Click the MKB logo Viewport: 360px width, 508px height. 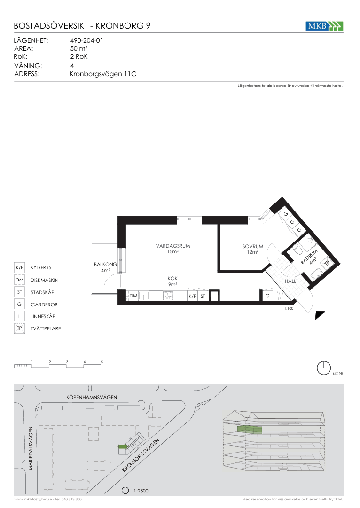coord(324,26)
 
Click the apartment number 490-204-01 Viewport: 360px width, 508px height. coord(86,40)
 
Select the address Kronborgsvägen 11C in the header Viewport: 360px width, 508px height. coord(103,74)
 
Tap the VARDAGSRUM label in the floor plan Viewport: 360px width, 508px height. coord(173,246)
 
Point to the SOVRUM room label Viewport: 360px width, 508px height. coord(253,246)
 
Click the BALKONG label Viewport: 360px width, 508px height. coord(105,265)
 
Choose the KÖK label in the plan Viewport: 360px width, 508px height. coord(172,278)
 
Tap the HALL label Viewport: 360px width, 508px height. coord(290,281)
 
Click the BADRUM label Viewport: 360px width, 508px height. coord(309,257)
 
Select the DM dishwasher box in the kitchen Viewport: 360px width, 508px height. coord(133,296)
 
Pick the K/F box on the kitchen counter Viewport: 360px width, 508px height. coord(192,296)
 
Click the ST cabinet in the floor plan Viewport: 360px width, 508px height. coord(203,296)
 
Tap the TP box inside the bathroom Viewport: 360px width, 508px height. coord(327,263)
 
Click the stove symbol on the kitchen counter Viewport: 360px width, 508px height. coord(168,296)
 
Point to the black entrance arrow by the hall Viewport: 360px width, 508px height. coord(320,315)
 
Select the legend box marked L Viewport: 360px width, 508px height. coord(19,316)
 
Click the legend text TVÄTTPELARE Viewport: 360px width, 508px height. coord(46,328)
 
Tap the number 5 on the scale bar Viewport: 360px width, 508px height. coord(102,362)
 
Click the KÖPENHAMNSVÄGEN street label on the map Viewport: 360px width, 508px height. coord(92,397)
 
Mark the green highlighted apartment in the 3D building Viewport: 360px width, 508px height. coord(250,429)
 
